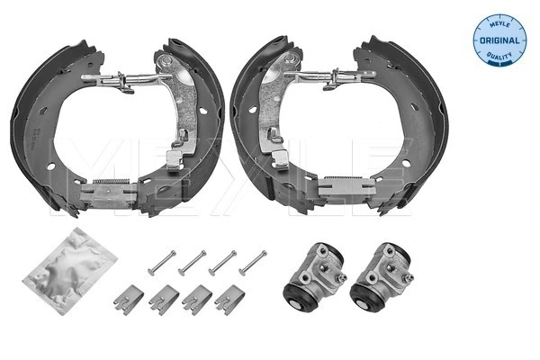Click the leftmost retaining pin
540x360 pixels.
[x=160, y=262]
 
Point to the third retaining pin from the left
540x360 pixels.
[x=222, y=262]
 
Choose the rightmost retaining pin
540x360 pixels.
[x=252, y=261]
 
